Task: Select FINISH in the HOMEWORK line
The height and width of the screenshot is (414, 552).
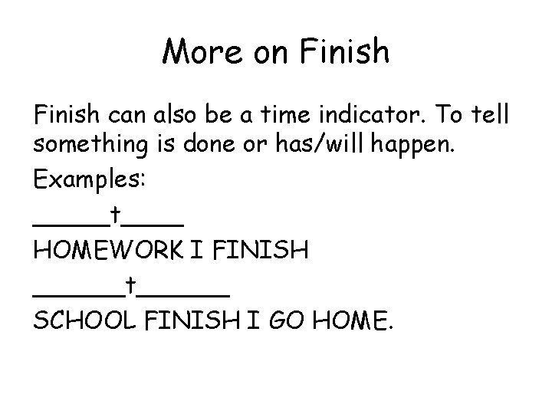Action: [x=268, y=249]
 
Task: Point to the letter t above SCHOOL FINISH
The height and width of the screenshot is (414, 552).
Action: [x=132, y=284]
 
